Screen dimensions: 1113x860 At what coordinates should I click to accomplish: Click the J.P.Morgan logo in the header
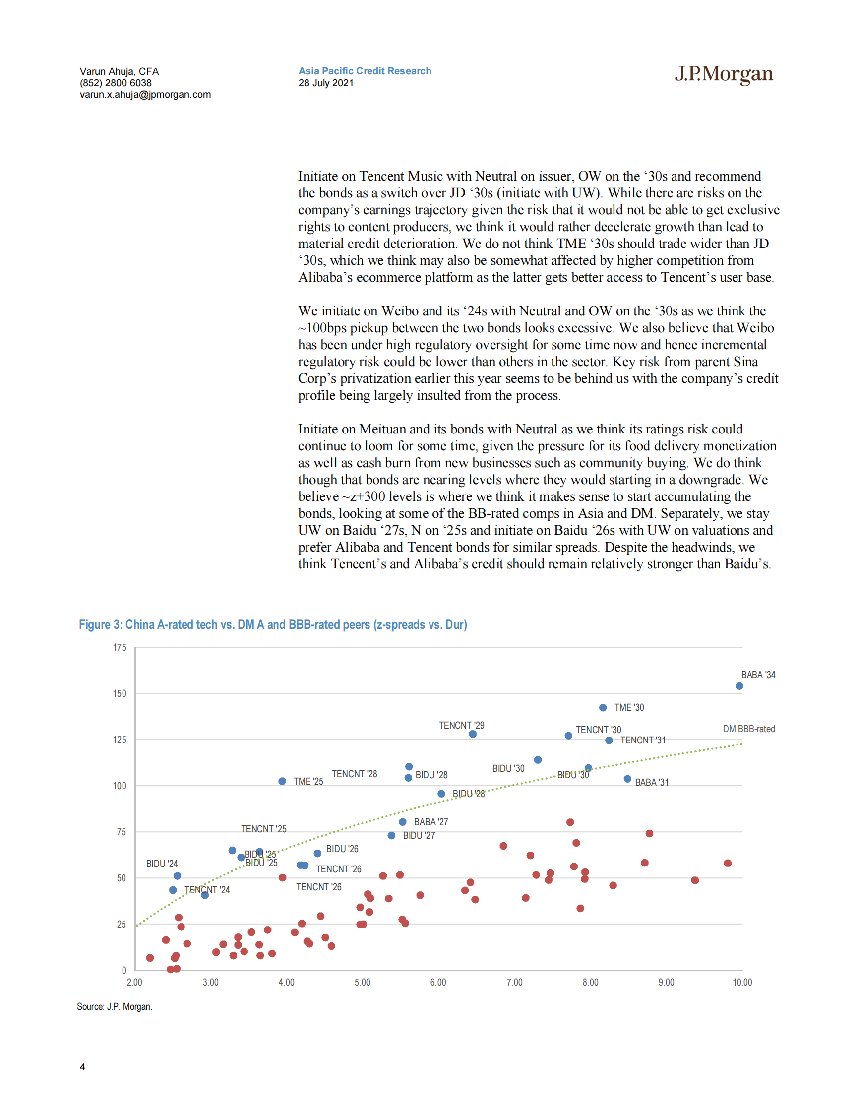point(724,74)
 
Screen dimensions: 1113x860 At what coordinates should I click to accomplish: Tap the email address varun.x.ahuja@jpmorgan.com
point(145,95)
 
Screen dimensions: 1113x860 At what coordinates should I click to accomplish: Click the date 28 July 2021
point(325,83)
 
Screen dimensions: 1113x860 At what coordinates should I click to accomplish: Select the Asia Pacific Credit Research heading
point(365,71)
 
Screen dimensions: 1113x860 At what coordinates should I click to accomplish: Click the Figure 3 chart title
point(273,625)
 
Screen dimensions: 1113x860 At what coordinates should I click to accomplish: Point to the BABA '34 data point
point(739,686)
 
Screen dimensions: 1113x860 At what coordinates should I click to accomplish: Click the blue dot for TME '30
point(603,707)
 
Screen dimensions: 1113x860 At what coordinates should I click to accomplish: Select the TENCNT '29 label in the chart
point(462,725)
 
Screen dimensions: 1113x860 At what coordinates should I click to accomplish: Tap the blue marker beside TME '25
point(282,781)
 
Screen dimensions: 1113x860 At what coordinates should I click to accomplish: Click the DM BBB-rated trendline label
point(748,729)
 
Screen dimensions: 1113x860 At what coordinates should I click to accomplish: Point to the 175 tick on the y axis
point(120,648)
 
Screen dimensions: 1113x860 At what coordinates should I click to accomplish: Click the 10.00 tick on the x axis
point(742,983)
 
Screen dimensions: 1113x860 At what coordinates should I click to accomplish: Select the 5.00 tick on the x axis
point(362,983)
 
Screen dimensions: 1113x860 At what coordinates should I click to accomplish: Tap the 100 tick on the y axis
point(120,786)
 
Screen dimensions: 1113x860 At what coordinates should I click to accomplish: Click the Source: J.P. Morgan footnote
point(115,1006)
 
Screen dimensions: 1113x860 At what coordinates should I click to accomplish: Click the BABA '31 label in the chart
point(652,782)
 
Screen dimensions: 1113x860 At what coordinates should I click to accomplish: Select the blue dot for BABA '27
point(403,822)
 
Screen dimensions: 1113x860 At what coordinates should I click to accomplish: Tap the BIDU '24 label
point(162,864)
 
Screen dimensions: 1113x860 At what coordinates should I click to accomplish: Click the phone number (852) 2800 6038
point(116,83)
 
